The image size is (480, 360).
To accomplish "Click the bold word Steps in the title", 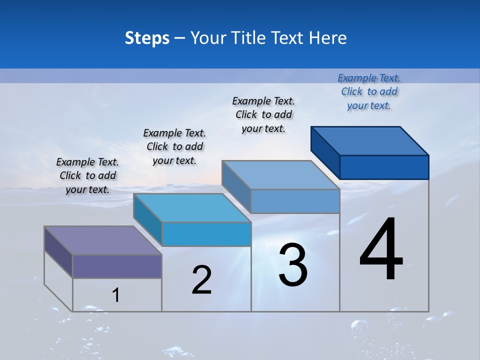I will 147,38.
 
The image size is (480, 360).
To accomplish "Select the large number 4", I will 381,250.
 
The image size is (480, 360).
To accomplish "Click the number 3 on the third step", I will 293,265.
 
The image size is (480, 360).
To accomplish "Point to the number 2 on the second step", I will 202,280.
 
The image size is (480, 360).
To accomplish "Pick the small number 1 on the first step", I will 116,295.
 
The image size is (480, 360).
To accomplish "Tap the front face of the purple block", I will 117,266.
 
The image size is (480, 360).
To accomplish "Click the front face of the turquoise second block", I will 206,234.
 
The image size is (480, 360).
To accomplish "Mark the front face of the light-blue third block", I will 295,201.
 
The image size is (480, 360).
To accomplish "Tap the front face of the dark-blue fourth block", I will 384,167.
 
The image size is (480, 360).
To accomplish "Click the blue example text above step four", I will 369,91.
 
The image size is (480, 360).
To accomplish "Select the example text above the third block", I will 263,114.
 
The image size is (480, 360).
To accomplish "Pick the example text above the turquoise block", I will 174,146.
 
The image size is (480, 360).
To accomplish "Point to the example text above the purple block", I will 87,175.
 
